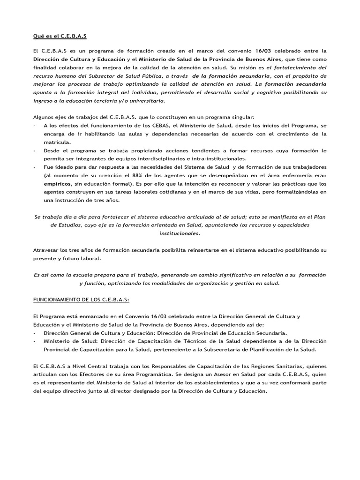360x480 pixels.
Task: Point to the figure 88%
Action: coord(139,175)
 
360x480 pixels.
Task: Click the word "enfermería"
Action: coord(284,175)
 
